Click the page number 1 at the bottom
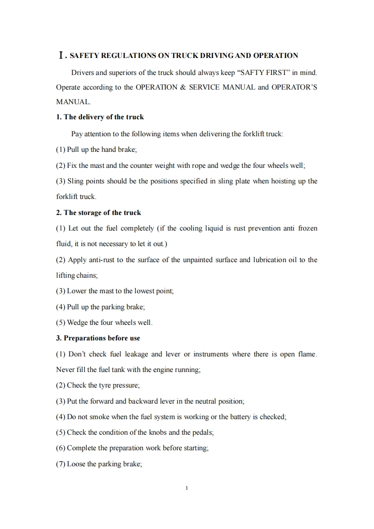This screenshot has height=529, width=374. coord(187,488)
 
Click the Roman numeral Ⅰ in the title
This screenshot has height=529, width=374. coord(60,56)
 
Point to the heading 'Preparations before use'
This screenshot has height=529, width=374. coord(101,338)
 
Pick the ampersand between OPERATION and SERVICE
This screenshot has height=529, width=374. coord(182,87)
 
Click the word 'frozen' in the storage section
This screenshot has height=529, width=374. coord(308,228)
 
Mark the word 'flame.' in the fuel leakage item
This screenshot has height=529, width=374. coord(307,354)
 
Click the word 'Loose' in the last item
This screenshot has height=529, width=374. coord(76,464)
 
